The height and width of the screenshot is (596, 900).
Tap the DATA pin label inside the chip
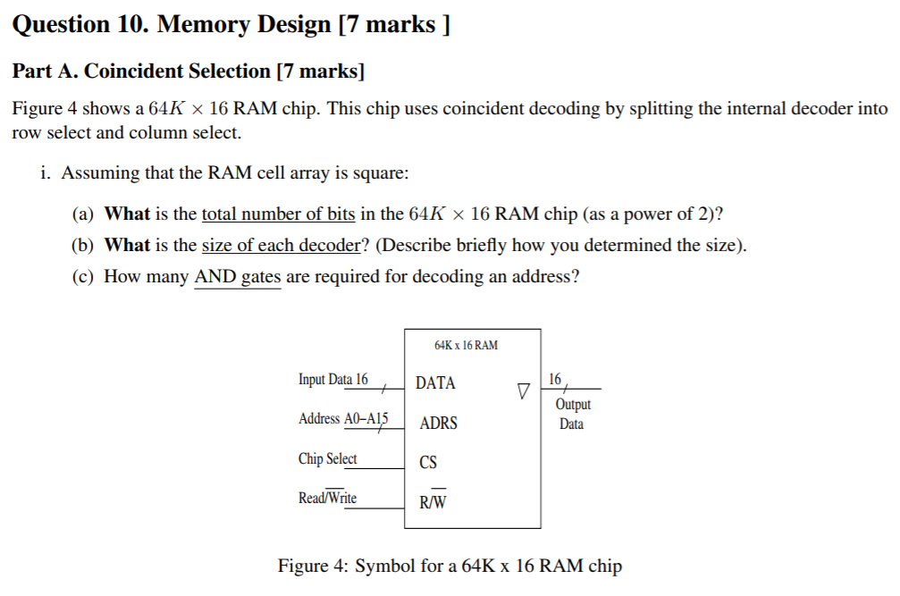[435, 383]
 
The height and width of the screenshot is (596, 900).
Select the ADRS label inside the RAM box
[438, 423]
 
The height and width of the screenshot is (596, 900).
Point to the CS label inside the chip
[428, 463]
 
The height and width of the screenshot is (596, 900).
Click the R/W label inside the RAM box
[433, 502]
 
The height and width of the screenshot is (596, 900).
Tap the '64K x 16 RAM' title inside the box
[466, 345]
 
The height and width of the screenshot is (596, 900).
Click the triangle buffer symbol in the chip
[524, 391]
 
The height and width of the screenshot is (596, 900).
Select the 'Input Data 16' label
[332, 380]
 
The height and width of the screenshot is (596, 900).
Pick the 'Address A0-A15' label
[343, 418]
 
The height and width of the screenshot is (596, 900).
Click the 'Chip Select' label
[327, 458]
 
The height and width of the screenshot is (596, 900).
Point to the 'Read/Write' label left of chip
[327, 498]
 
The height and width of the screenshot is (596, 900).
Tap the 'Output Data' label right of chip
[572, 415]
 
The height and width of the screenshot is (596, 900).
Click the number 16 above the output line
[555, 380]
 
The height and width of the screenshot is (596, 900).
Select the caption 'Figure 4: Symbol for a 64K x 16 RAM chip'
[450, 567]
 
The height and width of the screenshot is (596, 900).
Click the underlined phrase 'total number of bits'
[278, 214]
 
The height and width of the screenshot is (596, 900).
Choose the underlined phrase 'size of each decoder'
[281, 246]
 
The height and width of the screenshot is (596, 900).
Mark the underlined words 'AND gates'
[237, 277]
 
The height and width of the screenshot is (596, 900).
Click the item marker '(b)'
[83, 246]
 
